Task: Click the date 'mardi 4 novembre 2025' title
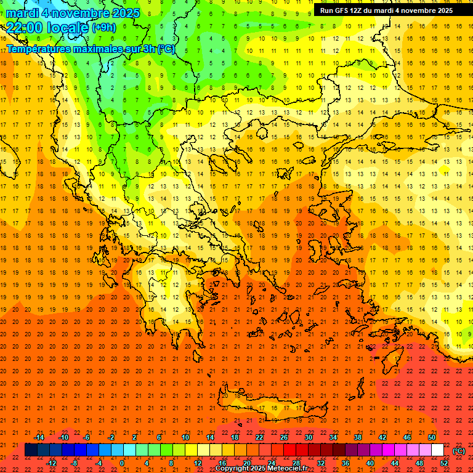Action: click(73, 13)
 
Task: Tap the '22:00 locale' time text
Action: click(47, 27)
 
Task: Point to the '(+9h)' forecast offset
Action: click(103, 28)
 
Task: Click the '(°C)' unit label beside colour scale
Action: click(459, 451)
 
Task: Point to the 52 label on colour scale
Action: click(444, 463)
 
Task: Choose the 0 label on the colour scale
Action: click(121, 463)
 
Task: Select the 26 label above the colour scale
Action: click(284, 437)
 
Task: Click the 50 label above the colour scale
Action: click(432, 437)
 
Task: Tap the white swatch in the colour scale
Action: click(438, 450)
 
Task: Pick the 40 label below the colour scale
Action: click(370, 463)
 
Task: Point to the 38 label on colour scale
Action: click(358, 437)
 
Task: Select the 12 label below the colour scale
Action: click(198, 463)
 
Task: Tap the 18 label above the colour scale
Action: click(235, 437)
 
